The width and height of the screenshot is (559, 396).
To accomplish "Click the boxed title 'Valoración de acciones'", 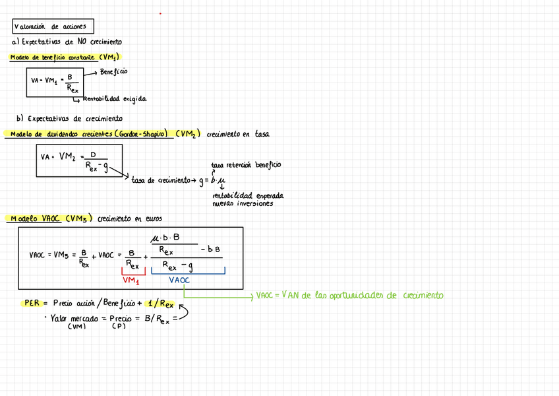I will pos(53,27).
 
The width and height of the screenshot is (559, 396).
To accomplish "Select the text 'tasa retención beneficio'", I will pos(245,164).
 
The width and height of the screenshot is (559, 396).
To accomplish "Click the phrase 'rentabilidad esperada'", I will pos(247,196).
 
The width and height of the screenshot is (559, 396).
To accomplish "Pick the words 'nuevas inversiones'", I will pos(242,204).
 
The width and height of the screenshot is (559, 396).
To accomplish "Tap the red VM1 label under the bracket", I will pos(131,280).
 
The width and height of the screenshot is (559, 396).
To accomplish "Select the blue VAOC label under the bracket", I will pos(179,280).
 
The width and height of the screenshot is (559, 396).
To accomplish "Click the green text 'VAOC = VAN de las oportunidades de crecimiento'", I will pos(349,296).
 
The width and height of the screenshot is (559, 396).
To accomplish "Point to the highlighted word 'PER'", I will pos(32,304).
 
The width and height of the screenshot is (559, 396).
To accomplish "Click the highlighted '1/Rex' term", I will pos(161,304).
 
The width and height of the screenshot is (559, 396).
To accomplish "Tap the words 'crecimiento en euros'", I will pos(129,218).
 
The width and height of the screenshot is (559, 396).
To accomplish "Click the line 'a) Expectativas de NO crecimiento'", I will pos(67,42).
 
